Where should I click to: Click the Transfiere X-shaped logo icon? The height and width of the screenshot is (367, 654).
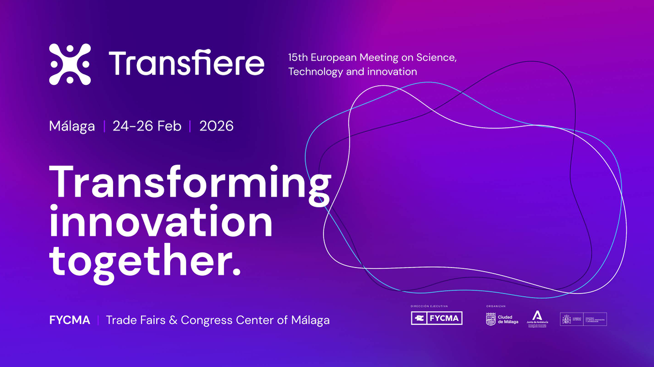pyautogui.click(x=70, y=64)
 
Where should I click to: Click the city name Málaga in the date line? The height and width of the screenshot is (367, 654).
pyautogui.click(x=72, y=126)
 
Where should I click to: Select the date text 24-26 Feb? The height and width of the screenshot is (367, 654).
pyautogui.click(x=147, y=126)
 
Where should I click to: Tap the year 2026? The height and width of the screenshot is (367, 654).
pyautogui.click(x=216, y=126)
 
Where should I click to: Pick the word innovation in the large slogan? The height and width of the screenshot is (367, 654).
pyautogui.click(x=161, y=223)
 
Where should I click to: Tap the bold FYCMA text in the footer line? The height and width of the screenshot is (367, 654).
pyautogui.click(x=70, y=320)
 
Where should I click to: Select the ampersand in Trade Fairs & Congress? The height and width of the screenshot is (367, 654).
pyautogui.click(x=173, y=320)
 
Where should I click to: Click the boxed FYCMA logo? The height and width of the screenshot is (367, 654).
pyautogui.click(x=436, y=318)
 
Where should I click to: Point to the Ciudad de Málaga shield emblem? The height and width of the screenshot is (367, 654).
pyautogui.click(x=491, y=319)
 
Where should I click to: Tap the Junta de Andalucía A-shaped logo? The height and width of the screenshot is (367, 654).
pyautogui.click(x=537, y=316)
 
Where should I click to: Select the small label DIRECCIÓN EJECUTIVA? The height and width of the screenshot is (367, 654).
pyautogui.click(x=429, y=306)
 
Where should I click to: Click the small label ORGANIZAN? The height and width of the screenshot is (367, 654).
pyautogui.click(x=495, y=306)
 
